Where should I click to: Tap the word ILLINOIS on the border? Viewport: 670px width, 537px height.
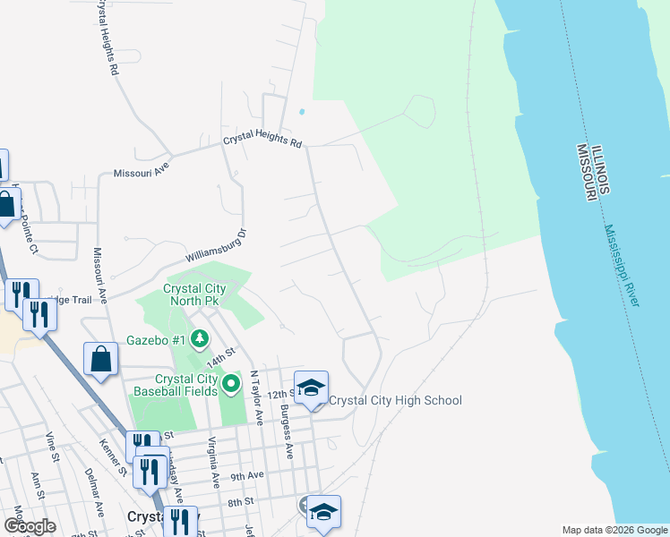click(600, 168)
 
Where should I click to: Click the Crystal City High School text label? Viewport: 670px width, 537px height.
click(395, 400)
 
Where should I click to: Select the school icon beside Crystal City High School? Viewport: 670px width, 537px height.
click(311, 388)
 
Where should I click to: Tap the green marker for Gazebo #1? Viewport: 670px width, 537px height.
click(200, 339)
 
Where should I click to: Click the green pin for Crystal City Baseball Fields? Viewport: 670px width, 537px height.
click(231, 384)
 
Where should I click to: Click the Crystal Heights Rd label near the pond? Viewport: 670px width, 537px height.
click(263, 141)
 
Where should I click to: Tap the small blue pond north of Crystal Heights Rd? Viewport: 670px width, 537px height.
click(301, 112)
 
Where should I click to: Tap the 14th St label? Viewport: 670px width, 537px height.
click(219, 359)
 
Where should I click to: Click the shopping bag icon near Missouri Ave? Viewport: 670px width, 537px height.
click(101, 360)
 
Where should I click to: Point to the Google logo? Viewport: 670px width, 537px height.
click(30, 526)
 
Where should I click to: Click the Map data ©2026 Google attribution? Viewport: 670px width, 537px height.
click(613, 530)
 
